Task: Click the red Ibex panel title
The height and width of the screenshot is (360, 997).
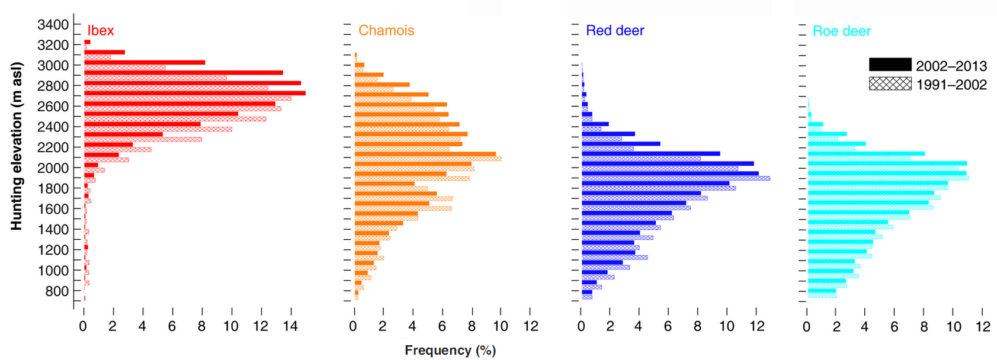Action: click(101, 31)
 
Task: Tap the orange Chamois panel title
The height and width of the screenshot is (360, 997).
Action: click(386, 31)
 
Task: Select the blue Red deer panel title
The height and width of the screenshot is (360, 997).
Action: click(615, 31)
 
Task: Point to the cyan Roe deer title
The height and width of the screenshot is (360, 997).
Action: click(841, 31)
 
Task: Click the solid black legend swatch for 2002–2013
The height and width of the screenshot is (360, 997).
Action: click(890, 65)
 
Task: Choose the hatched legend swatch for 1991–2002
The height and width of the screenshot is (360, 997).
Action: click(890, 83)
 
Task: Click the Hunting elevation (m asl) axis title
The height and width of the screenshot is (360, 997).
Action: click(17, 146)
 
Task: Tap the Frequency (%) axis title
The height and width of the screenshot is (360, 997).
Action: click(450, 351)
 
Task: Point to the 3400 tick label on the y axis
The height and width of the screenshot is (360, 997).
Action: click(53, 25)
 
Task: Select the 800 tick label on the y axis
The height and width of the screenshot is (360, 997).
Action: click(57, 291)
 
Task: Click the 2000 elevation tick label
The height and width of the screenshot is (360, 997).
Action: click(53, 168)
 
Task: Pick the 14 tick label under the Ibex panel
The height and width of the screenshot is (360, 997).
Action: click(290, 326)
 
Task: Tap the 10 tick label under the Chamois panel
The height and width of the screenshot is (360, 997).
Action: click(501, 326)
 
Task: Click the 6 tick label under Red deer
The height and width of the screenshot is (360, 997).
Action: click(668, 326)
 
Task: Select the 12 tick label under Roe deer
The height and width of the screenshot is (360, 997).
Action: click(982, 326)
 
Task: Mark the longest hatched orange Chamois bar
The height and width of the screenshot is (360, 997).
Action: click(428, 159)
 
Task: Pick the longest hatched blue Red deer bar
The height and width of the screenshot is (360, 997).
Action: click(675, 178)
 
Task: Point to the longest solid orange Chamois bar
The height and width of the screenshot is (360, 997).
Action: click(425, 154)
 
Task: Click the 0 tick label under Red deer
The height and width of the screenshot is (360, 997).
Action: click(581, 326)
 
